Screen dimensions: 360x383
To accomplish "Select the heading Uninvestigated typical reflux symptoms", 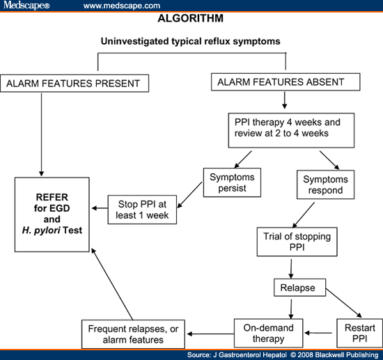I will click(191, 41).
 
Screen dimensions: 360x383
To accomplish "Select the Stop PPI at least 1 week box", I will click(143, 209).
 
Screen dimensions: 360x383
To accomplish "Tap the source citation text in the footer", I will click(283, 355).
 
